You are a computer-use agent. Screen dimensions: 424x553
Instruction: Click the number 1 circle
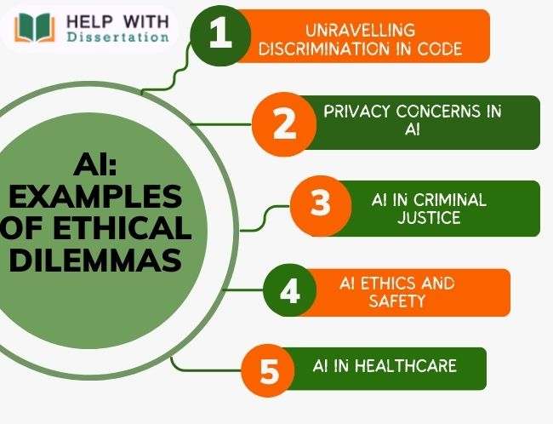point(220,37)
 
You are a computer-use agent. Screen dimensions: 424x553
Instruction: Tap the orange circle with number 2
point(284,123)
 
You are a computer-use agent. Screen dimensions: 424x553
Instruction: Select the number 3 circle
point(320,205)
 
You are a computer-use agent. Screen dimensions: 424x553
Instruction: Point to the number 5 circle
point(270,371)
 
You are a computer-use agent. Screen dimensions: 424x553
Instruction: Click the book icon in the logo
point(37,28)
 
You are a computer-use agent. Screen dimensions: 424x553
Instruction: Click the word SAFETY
point(396,301)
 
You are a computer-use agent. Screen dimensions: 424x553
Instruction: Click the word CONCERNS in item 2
point(449,112)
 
